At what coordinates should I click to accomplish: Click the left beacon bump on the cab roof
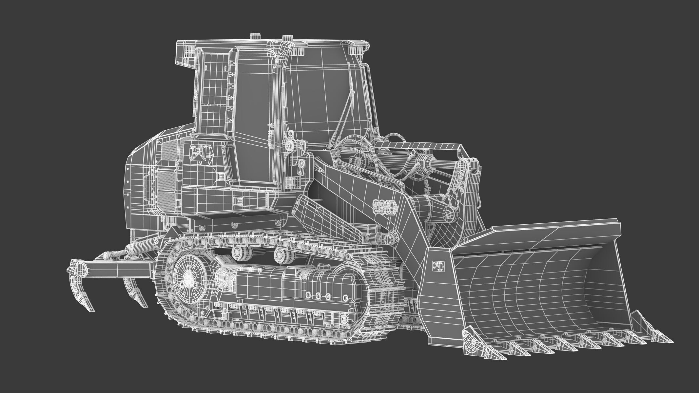click(254, 35)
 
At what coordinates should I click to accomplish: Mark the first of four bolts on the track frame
click(308, 295)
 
